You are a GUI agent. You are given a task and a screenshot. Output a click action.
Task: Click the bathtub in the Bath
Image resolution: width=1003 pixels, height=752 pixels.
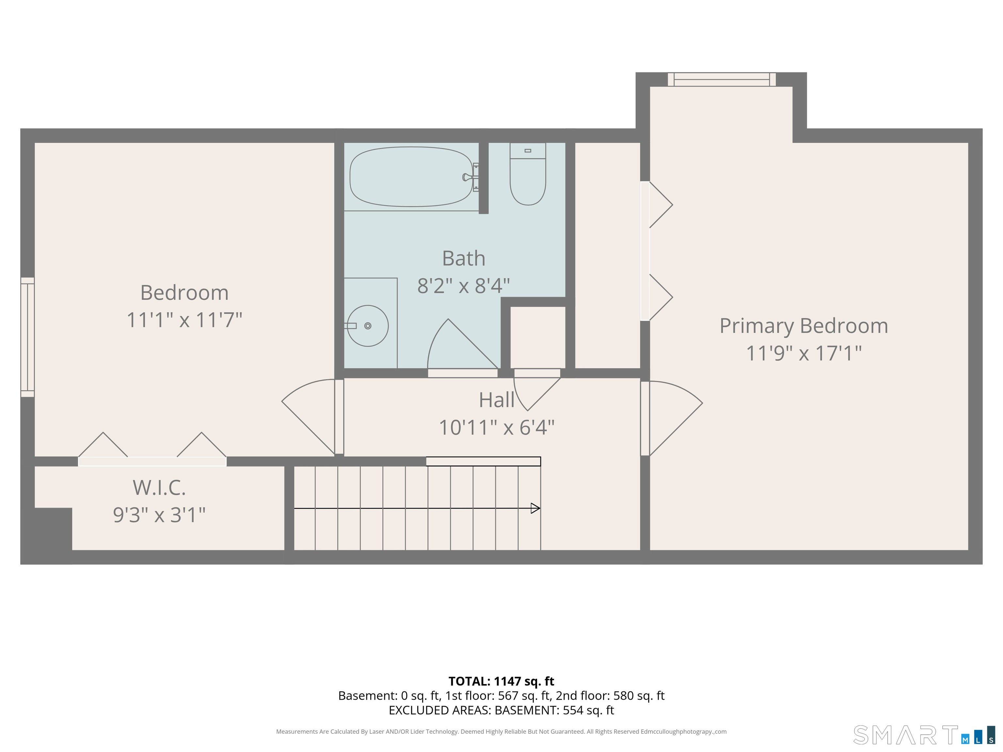tap(411, 177)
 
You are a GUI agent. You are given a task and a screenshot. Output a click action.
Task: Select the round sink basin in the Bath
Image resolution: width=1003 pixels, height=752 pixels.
tap(368, 326)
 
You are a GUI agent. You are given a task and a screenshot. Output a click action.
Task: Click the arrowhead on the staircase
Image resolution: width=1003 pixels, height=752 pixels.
tap(535, 508)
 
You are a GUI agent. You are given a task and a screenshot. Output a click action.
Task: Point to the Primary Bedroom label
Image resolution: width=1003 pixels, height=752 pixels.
tap(804, 326)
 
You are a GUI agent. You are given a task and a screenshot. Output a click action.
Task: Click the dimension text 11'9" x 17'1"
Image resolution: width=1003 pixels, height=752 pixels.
tap(804, 353)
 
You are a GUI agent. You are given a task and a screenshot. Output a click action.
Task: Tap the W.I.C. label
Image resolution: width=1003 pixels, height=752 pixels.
tap(159, 487)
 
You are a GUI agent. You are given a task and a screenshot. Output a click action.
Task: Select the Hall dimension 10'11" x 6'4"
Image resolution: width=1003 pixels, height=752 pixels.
tap(497, 427)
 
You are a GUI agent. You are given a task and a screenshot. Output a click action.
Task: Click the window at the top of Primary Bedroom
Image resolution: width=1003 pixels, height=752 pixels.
tap(722, 79)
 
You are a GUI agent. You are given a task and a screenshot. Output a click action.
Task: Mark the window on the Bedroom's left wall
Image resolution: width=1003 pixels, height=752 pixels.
tap(28, 337)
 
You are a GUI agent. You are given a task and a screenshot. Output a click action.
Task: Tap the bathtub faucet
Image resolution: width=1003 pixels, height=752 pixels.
tap(471, 177)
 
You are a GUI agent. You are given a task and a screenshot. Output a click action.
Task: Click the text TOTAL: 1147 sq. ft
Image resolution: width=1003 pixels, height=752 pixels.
tap(501, 681)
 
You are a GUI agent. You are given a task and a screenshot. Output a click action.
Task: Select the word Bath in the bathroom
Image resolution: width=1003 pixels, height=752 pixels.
tap(463, 258)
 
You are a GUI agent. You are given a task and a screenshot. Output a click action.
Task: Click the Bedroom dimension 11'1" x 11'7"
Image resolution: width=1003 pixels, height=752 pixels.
tap(184, 320)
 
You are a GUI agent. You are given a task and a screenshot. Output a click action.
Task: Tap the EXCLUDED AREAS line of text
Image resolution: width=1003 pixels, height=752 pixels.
tap(501, 710)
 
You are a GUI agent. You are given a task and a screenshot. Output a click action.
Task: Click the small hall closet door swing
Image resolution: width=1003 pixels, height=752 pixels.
tap(537, 390)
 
